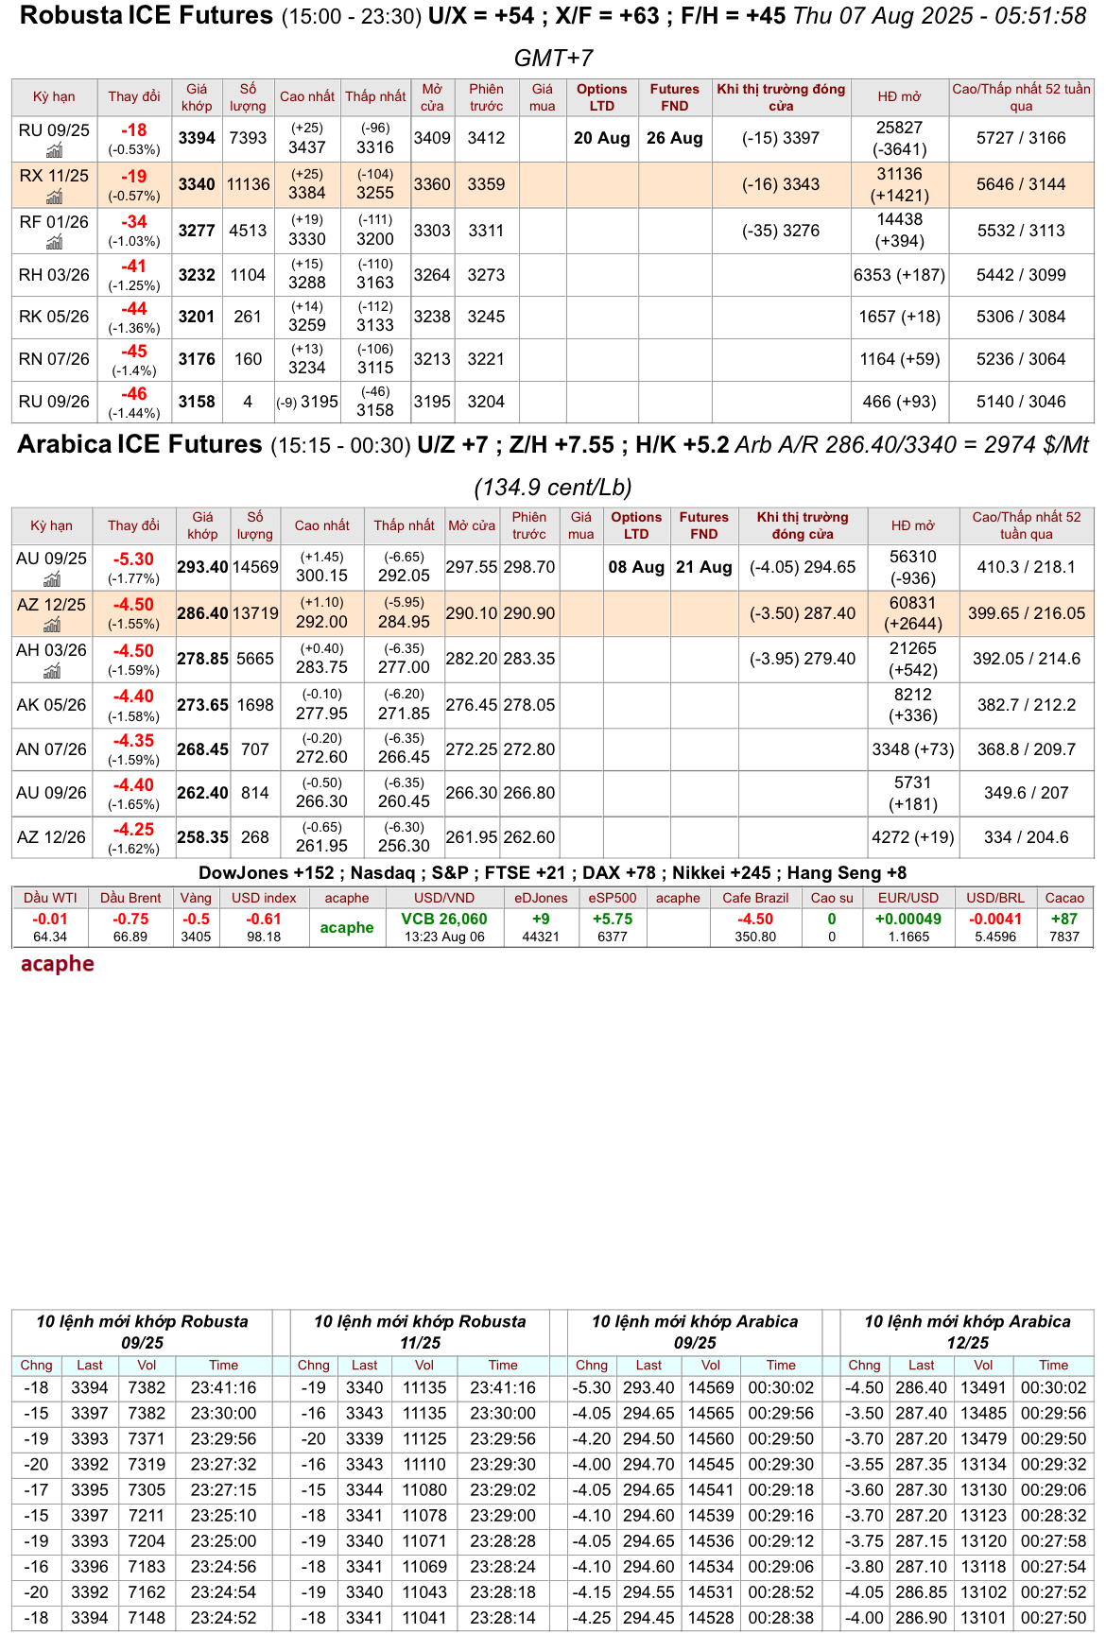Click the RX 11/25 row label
click(54, 176)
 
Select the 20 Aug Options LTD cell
click(601, 138)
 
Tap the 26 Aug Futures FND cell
click(674, 138)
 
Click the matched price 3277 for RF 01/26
click(197, 231)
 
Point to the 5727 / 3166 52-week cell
click(1020, 138)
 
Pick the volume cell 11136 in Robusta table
click(248, 184)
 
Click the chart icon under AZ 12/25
click(52, 625)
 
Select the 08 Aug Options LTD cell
click(635, 567)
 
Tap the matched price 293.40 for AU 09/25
click(202, 567)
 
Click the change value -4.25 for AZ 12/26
click(133, 830)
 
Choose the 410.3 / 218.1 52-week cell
click(1026, 567)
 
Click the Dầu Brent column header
click(130, 898)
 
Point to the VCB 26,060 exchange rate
click(444, 919)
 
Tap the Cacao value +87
click(1063, 919)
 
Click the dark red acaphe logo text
click(58, 964)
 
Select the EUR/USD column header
click(907, 898)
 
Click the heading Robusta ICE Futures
click(147, 16)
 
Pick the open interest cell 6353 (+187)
click(898, 275)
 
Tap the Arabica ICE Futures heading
click(140, 444)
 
